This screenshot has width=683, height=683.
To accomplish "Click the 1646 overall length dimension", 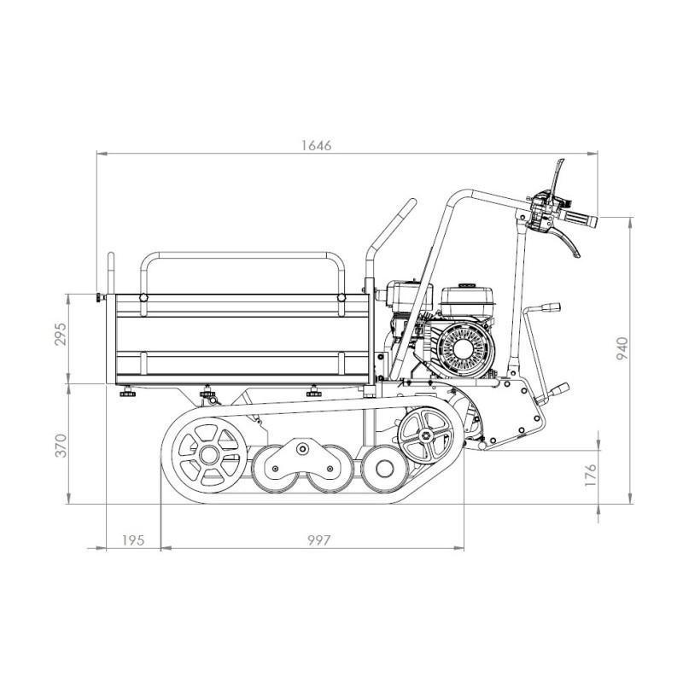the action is (316, 145).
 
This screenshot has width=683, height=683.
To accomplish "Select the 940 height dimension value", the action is (623, 348).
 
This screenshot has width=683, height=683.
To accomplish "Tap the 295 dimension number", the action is (61, 334).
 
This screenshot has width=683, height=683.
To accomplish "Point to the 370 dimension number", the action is (61, 446).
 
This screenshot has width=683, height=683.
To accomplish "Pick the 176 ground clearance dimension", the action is (590, 476).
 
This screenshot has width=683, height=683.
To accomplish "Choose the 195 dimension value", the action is (133, 540).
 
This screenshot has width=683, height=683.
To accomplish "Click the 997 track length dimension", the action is (319, 540).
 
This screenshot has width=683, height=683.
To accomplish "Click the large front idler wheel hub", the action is (209, 455).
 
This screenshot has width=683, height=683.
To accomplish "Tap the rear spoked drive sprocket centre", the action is (426, 435).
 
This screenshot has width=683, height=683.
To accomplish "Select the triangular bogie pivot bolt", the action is (301, 447).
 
